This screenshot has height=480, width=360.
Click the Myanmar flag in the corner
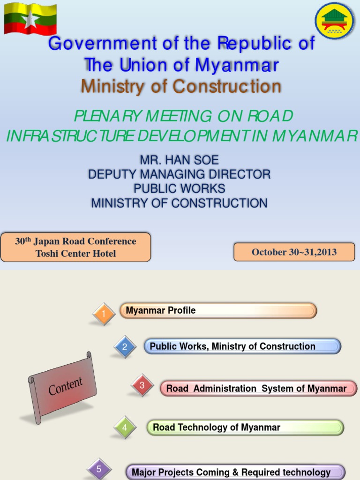pyautogui.click(x=30, y=19)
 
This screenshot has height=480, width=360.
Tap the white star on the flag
pyautogui.click(x=31, y=20)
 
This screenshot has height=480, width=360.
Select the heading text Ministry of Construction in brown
pyautogui.click(x=181, y=86)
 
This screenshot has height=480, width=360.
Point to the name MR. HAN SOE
pyautogui.click(x=179, y=160)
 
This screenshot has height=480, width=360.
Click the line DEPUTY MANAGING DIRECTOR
pyautogui.click(x=179, y=174)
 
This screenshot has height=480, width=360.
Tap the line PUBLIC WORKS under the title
pyautogui.click(x=179, y=188)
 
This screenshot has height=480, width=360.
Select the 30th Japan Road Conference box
pyautogui.click(x=75, y=247)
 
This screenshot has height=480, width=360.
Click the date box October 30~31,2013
pyautogui.click(x=294, y=252)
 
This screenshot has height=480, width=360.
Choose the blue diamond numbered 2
pyautogui.click(x=125, y=347)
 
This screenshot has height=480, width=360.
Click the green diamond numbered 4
pyautogui.click(x=125, y=427)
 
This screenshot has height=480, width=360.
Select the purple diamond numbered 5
pyautogui.click(x=99, y=469)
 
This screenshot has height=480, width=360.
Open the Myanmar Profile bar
pyautogui.click(x=218, y=310)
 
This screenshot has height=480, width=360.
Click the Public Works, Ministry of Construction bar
pyautogui.click(x=242, y=346)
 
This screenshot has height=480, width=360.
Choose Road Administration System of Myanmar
pyautogui.click(x=258, y=389)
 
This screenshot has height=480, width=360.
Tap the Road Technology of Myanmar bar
pyautogui.click(x=245, y=427)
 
